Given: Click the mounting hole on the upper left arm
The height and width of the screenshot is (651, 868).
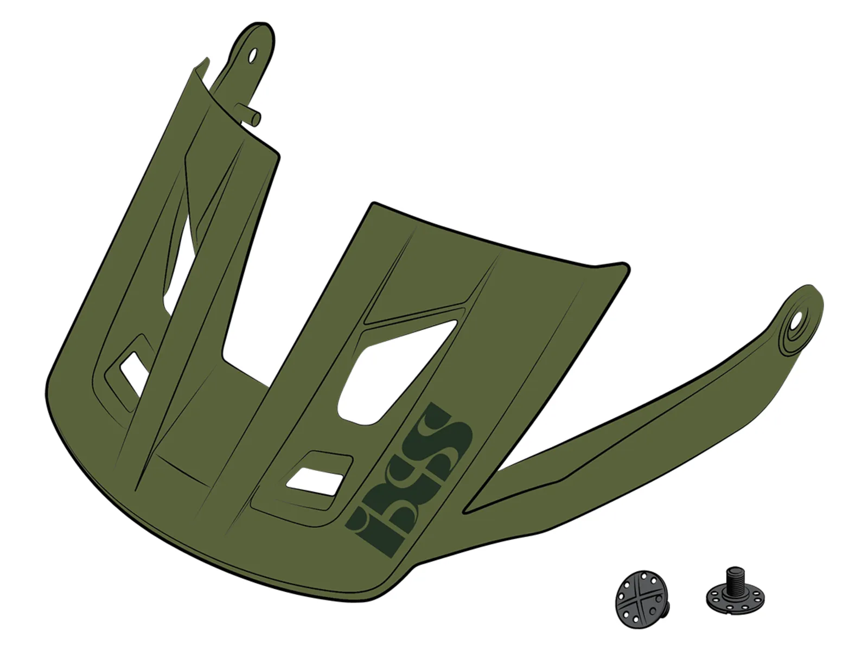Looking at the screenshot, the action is pyautogui.click(x=252, y=55).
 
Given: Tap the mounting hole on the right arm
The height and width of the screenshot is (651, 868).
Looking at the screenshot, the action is pyautogui.click(x=796, y=321).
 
